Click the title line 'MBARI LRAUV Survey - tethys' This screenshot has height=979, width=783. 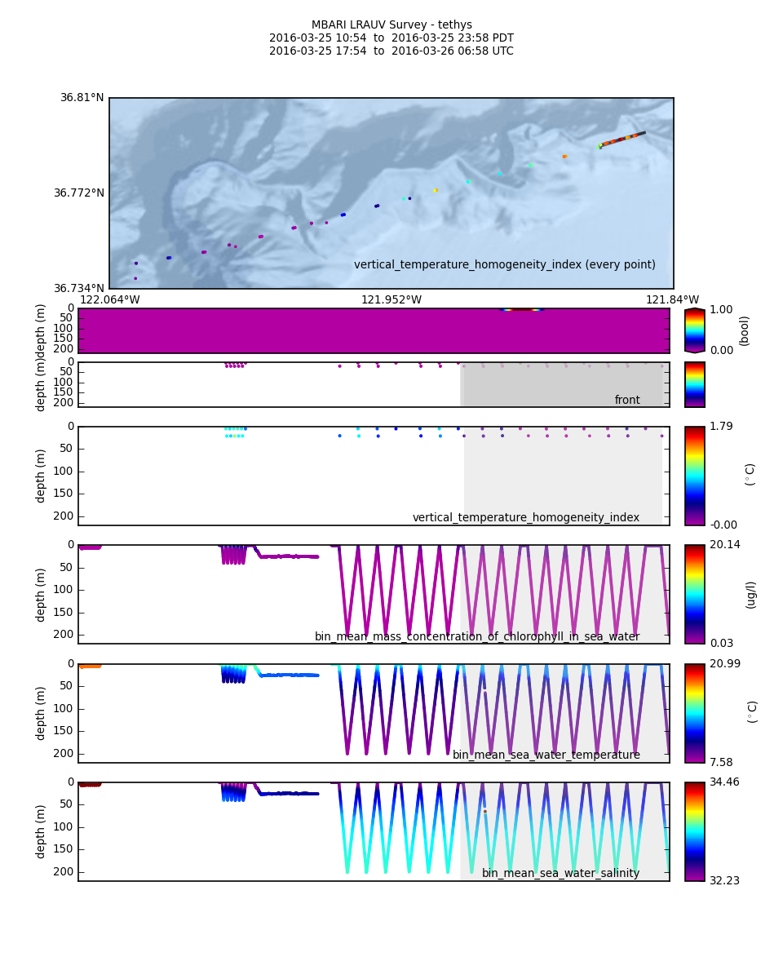[391, 25]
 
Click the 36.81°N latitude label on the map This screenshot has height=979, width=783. [82, 98]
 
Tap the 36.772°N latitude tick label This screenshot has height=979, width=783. [79, 193]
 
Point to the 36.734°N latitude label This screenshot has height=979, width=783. [79, 288]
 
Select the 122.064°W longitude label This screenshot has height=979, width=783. [109, 299]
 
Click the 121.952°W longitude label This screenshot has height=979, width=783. [391, 299]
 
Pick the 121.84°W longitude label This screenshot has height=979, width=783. [672, 299]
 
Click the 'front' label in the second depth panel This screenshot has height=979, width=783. [627, 400]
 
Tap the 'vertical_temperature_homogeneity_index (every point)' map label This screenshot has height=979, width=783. [504, 265]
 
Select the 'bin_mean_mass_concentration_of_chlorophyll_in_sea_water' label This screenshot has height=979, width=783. [477, 636]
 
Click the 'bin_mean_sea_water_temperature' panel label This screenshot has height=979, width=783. [546, 755]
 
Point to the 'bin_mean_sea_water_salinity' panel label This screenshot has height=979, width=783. [560, 873]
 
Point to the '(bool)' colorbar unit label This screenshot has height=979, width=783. [744, 330]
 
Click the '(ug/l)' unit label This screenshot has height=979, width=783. [750, 594]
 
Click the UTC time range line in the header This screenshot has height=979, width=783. [391, 51]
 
